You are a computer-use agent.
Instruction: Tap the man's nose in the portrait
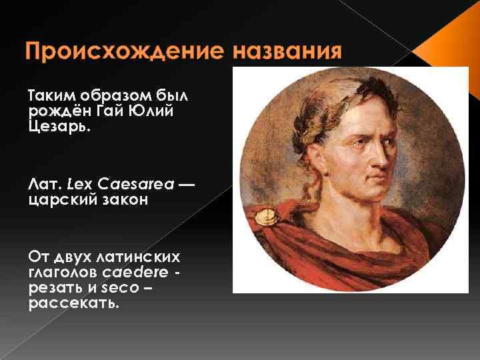(x=383, y=156)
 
